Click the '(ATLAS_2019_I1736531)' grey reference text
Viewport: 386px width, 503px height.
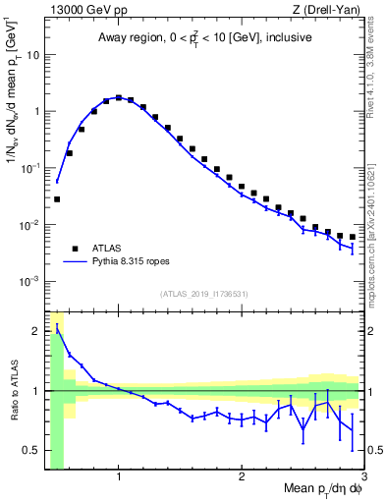[x=203, y=293]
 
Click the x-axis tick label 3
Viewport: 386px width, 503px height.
[x=363, y=478]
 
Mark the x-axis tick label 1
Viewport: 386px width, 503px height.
[x=119, y=478]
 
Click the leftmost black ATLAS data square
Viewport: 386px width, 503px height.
[x=57, y=199]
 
